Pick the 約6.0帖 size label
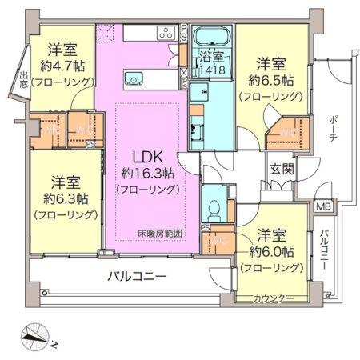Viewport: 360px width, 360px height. (x=270, y=250)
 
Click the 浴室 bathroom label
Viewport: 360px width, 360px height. (x=212, y=57)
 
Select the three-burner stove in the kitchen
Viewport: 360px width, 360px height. (x=166, y=33)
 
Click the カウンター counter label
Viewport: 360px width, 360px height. (x=274, y=298)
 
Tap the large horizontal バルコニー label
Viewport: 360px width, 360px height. (x=137, y=277)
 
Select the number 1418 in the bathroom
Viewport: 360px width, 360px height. (x=214, y=70)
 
